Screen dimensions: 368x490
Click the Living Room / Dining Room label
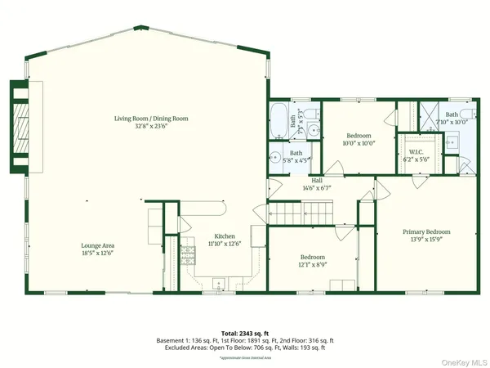(x=151, y=119)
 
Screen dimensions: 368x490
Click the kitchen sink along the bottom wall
(x=219, y=283)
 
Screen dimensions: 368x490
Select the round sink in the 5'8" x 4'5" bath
(x=277, y=157)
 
